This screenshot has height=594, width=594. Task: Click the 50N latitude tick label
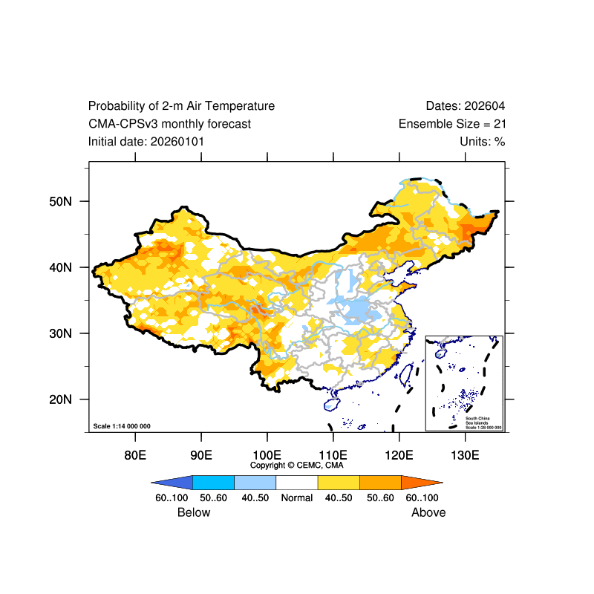pos(60,201)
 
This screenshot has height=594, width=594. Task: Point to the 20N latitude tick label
pos(60,399)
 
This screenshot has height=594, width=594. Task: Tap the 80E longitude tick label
pos(135,454)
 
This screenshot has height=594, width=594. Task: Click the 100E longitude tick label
pos(267,454)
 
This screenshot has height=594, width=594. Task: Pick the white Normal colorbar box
pos(296,482)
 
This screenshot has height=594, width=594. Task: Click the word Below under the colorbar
pos(194,512)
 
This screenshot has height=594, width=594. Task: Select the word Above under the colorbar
pos(428,512)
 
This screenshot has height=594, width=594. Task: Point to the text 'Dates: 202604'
pos(466,106)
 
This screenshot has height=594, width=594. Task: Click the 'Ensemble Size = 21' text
pos(451,124)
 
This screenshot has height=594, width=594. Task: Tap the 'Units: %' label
pos(483,142)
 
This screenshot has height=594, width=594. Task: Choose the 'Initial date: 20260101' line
pos(146,142)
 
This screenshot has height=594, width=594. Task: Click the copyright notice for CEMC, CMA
pos(297,466)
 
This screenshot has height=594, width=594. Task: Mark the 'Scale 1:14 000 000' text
pos(122,426)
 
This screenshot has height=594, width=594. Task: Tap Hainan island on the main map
pos(332,404)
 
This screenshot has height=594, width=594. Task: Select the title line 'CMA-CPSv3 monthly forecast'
pos(169,124)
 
